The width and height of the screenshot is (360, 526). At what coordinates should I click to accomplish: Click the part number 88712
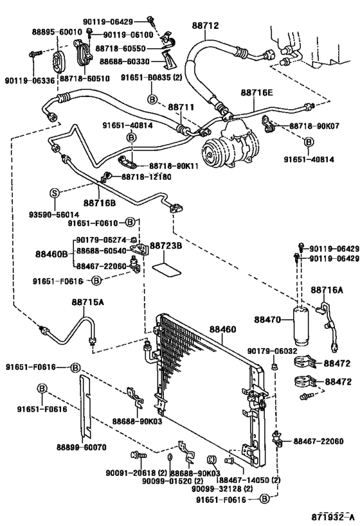click(205, 26)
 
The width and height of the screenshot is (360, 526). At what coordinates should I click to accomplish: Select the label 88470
click(267, 320)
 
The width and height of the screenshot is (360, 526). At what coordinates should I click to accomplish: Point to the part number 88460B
click(51, 254)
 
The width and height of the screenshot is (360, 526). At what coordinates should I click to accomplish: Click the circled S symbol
click(55, 193)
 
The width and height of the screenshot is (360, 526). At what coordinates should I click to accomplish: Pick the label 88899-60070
click(81, 448)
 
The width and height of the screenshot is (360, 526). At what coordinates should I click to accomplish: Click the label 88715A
click(87, 302)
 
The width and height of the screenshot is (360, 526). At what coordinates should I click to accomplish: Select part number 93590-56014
click(54, 215)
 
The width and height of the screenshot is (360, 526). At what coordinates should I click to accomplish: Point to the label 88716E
click(256, 92)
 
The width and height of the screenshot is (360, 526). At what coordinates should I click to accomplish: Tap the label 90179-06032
click(273, 351)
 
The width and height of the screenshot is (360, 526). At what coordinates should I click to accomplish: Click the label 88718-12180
click(147, 177)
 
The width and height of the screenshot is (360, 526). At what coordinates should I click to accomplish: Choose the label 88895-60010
click(57, 32)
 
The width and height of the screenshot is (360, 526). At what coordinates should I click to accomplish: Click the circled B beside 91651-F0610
click(130, 222)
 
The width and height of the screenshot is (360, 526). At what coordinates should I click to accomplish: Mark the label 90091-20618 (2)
click(136, 473)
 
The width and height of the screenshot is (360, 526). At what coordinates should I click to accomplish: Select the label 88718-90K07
click(314, 126)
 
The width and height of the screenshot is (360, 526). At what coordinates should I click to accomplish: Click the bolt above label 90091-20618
click(138, 455)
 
